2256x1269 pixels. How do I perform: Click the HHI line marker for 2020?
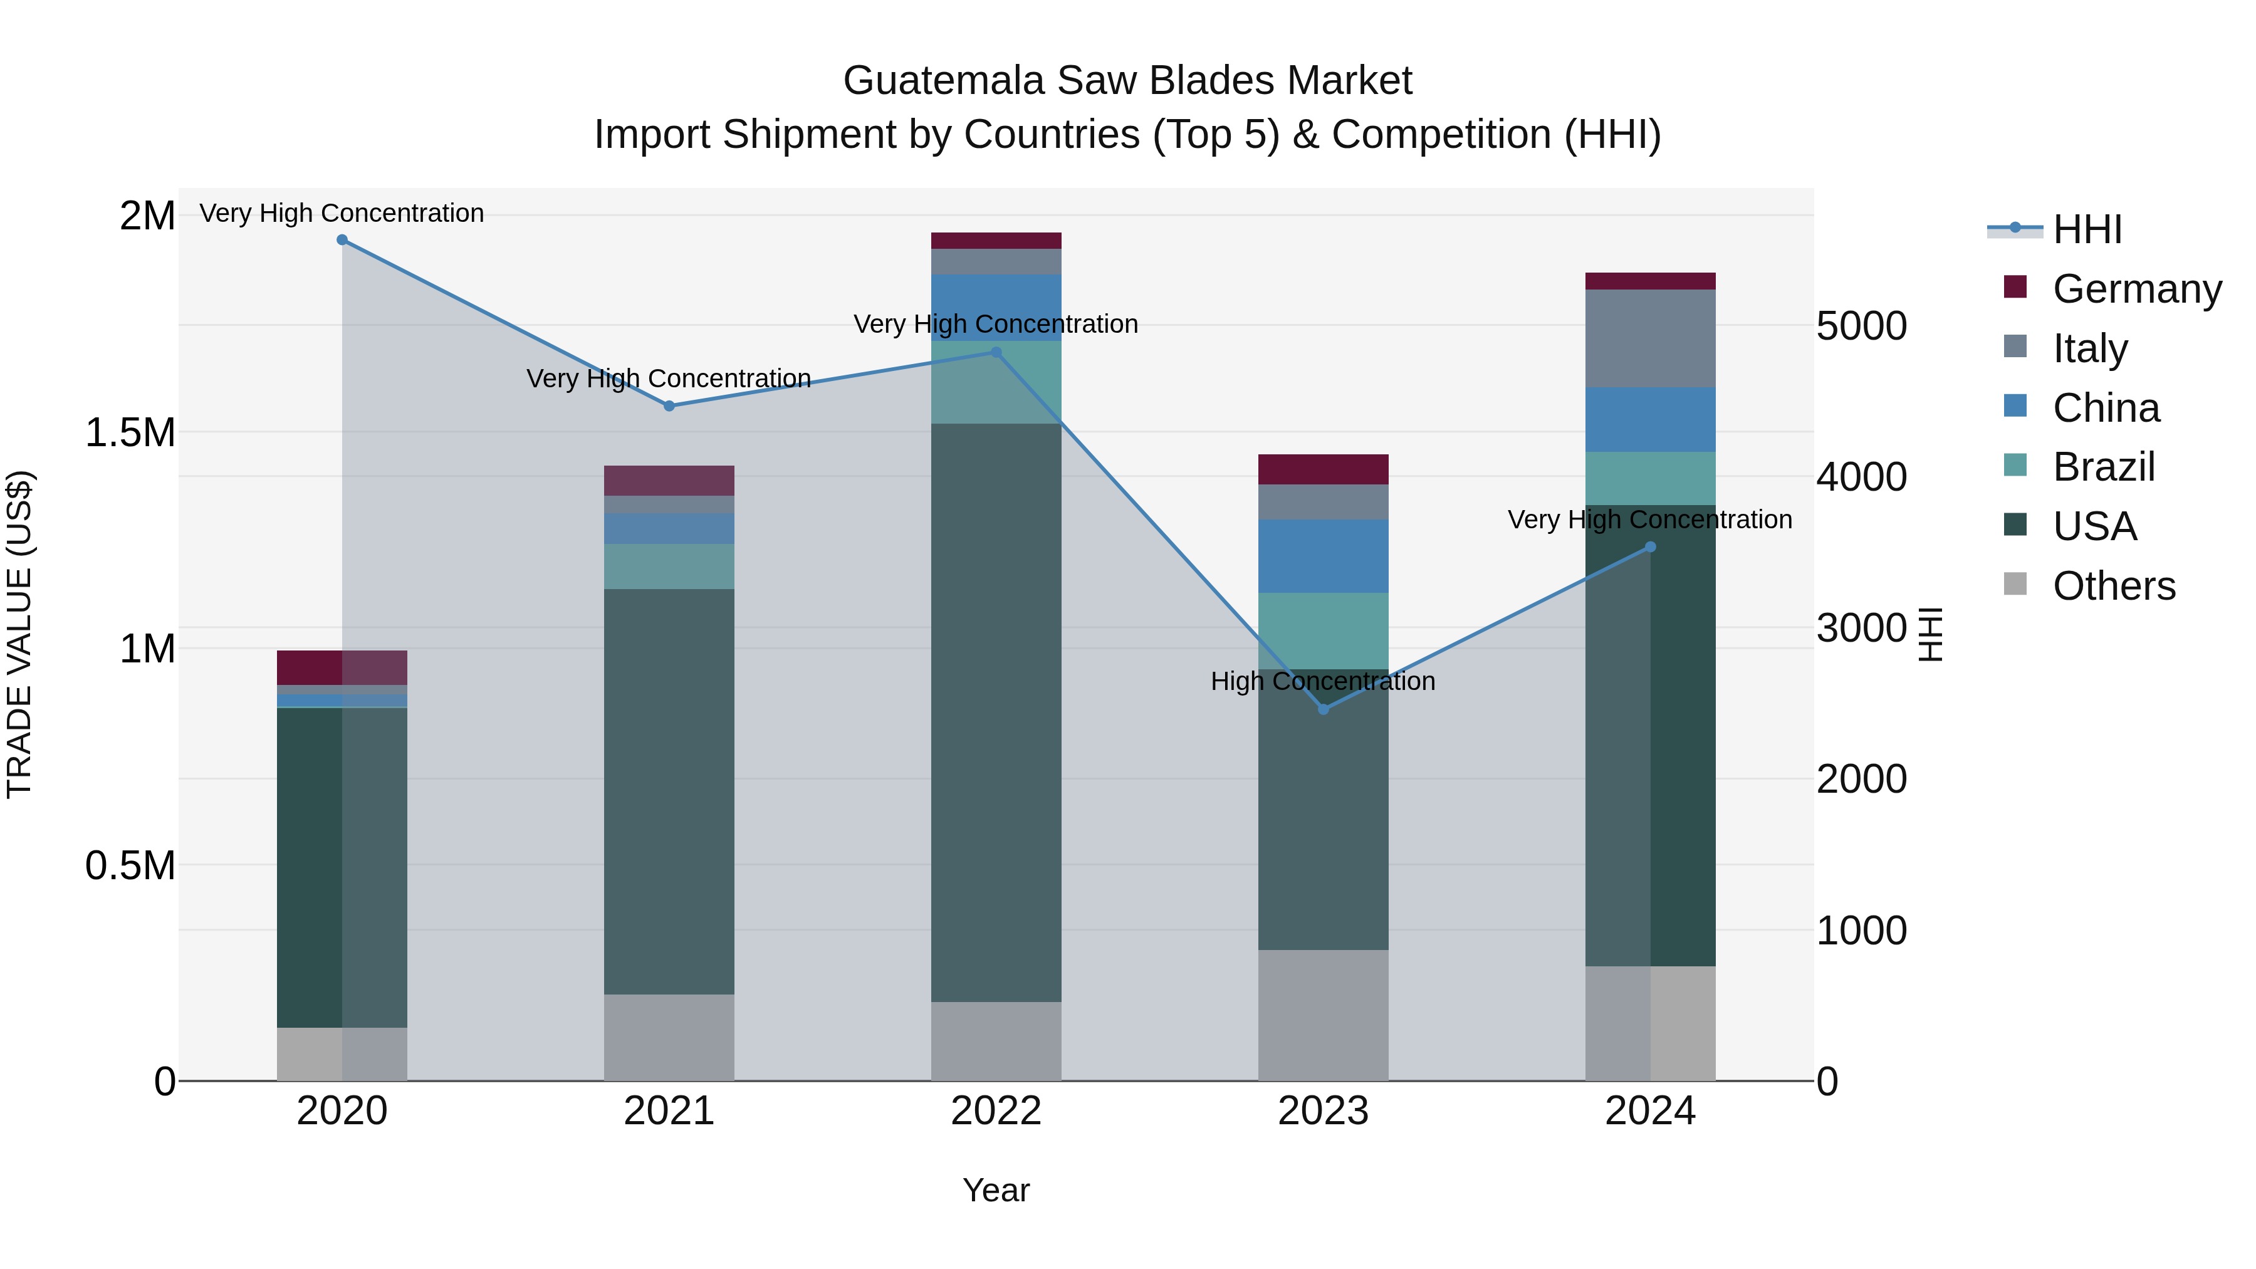point(342,240)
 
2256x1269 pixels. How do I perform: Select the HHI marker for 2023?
point(1324,709)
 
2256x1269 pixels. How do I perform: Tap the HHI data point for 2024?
point(1650,547)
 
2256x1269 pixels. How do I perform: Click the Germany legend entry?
point(2137,289)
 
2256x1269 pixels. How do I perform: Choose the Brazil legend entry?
point(2104,467)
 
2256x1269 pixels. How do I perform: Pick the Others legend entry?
point(2113,586)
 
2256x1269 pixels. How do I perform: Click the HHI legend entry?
point(2087,229)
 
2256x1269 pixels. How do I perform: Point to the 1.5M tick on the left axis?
point(130,432)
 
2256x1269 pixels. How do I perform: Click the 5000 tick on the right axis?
point(1861,326)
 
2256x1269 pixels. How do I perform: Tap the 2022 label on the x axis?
point(996,1111)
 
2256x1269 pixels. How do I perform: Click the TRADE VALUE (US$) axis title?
point(19,634)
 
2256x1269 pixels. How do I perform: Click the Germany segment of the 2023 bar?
point(1324,469)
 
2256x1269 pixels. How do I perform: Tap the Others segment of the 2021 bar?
point(669,1037)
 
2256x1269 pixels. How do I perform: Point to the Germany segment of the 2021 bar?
point(669,481)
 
